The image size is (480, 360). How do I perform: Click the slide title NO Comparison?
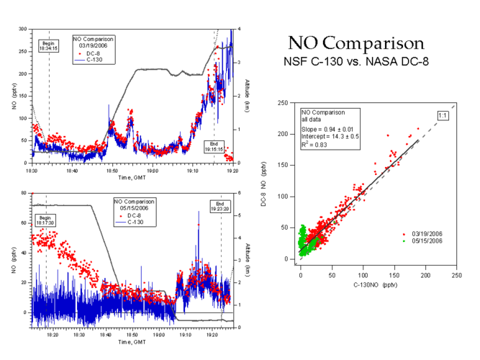(x=356, y=42)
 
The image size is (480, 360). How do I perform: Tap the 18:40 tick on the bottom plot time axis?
(x=106, y=334)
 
